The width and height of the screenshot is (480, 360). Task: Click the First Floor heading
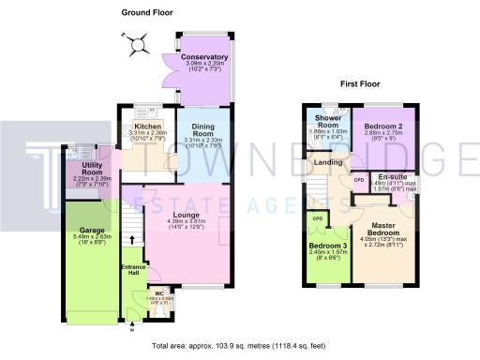coord(360,83)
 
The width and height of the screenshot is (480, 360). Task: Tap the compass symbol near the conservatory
coord(140,43)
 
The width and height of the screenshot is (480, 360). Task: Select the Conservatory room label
coord(204,58)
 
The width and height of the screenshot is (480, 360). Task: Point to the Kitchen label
coord(148,127)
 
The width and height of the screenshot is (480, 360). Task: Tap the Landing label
coord(328,163)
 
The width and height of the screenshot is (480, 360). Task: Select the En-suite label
coord(392,175)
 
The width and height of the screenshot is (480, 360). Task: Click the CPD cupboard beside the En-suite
coord(359,178)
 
